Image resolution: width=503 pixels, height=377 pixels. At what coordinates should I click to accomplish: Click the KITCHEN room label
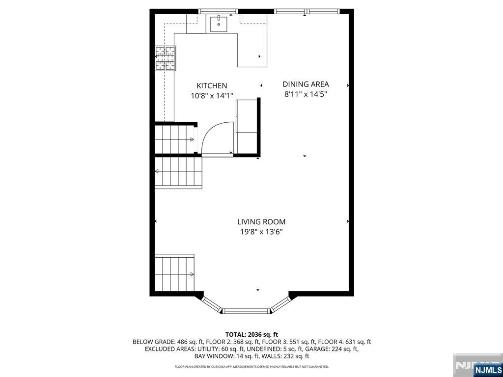212,85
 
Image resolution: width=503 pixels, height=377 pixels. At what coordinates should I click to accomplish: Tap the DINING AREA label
306,84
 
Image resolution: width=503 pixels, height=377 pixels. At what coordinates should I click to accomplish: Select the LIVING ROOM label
261,221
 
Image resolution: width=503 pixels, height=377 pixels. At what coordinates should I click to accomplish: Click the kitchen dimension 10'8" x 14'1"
212,96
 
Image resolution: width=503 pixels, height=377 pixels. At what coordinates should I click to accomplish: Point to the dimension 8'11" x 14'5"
306,94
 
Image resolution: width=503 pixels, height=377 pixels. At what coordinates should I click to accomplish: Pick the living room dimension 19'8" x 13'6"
261,232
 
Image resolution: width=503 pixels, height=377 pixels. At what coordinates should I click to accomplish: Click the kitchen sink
219,24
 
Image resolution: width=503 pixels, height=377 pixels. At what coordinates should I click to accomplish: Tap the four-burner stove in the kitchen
166,58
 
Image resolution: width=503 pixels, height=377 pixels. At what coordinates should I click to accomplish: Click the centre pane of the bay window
247,311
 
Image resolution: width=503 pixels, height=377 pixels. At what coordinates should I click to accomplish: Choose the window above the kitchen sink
218,12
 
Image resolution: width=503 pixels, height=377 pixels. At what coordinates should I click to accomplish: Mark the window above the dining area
307,12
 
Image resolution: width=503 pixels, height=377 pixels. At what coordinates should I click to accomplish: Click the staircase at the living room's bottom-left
174,272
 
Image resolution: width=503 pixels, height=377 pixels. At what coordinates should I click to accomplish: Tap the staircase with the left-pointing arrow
178,171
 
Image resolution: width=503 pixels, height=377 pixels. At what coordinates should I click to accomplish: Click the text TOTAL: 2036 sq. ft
251,335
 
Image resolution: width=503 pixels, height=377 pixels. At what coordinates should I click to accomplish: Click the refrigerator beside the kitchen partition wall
247,116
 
